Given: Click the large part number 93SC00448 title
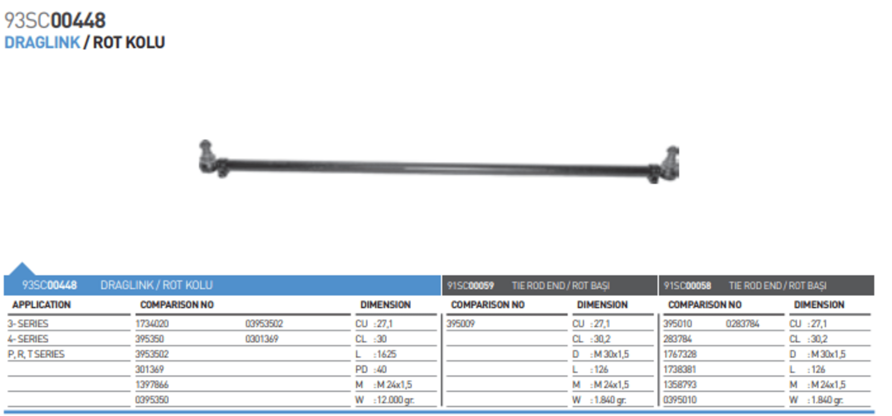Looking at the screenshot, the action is [x=55, y=20].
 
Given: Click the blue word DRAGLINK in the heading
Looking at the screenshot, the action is [x=42, y=43].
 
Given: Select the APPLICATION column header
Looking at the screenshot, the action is [x=42, y=305].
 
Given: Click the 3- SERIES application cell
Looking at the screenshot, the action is [x=28, y=323].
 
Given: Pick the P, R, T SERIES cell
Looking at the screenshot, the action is [x=36, y=354].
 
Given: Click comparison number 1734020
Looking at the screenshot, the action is [x=152, y=323].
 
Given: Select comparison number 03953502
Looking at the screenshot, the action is [x=264, y=323].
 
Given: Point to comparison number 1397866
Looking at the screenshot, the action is [x=152, y=384].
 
